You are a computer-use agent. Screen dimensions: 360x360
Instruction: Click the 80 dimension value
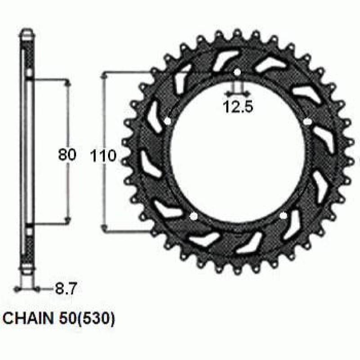pyautogui.click(x=67, y=154)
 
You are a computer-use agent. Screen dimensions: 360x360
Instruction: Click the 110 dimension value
pyautogui.click(x=103, y=156)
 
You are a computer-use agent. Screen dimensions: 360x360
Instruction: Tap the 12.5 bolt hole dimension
pyautogui.click(x=238, y=106)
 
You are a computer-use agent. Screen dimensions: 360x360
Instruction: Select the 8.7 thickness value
pyautogui.click(x=65, y=289)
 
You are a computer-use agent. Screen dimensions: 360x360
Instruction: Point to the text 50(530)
pyautogui.click(x=86, y=318)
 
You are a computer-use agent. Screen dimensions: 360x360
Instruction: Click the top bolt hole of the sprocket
pyautogui.click(x=237, y=72)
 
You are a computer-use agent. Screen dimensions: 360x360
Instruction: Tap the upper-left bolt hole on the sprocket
pyautogui.click(x=168, y=121)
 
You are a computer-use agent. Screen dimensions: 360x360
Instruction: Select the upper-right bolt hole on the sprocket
pyautogui.click(x=307, y=121)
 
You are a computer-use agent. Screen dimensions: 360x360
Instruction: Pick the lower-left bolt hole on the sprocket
pyautogui.click(x=194, y=216)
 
